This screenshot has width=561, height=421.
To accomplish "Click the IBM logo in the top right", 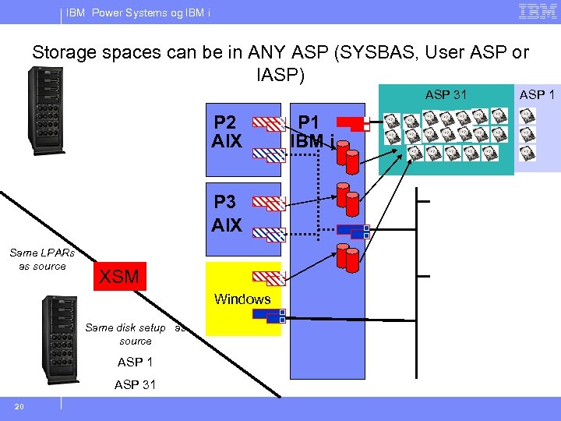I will click(537, 12).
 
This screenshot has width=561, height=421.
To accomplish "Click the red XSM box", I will click(119, 276).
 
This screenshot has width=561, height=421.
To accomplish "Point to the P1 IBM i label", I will click(312, 132).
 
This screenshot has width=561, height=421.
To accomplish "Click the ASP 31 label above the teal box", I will click(446, 94).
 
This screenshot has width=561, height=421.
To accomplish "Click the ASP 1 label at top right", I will click(537, 94).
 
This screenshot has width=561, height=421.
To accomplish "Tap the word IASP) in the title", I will click(280, 75).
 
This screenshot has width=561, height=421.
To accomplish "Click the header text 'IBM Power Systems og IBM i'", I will click(138, 12).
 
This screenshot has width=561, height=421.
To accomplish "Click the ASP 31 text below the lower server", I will click(135, 384).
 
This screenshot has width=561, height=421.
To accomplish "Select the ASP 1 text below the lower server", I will click(135, 363).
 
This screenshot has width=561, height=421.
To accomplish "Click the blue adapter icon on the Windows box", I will click(270, 316).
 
